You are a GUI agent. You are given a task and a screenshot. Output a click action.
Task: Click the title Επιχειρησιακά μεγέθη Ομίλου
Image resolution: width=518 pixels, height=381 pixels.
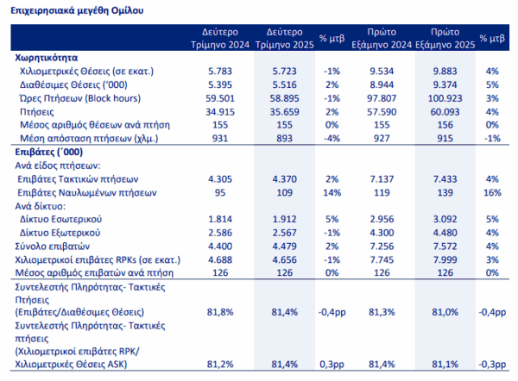[77, 10]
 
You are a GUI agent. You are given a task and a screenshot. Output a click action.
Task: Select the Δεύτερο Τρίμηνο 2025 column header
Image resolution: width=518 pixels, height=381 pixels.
[284, 38]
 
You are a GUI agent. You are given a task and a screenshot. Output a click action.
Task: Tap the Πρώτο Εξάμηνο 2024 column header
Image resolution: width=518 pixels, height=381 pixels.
[382, 38]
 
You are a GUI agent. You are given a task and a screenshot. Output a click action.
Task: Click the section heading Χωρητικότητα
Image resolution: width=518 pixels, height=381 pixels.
[47, 58]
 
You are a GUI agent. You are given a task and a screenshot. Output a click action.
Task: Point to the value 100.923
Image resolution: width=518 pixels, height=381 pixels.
[445, 98]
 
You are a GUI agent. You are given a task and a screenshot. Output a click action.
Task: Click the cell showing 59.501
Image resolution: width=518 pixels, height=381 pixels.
[220, 98]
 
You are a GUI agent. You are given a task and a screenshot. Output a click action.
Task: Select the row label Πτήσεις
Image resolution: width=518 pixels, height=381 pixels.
[36, 112]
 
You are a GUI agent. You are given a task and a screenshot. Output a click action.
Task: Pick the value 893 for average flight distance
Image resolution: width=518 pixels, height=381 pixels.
[284, 138]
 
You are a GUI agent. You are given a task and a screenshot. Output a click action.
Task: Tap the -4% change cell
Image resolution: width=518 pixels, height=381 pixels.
[332, 138]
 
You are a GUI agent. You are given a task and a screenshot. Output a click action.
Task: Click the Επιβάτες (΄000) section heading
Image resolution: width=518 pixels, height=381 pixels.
[49, 152]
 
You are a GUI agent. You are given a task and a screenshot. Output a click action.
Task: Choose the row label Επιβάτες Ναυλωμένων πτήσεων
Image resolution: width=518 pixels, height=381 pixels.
[87, 192]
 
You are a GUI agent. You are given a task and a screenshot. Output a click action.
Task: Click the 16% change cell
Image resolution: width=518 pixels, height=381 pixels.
[492, 192]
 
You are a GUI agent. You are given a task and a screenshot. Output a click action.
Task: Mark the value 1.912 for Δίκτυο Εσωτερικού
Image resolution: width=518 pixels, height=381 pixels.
[284, 219]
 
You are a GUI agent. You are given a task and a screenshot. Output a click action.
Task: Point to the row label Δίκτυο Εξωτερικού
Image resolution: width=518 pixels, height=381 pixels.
[60, 233]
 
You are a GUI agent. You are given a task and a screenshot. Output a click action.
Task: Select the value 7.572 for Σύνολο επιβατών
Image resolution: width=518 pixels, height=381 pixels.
[445, 247]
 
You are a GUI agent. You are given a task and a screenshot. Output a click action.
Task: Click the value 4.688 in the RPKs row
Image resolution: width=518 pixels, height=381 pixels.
[220, 260]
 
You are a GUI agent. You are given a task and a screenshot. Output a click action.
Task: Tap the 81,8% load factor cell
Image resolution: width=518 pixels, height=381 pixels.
[220, 312]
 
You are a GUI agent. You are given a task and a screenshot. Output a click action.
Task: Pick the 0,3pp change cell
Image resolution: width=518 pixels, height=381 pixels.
[332, 365]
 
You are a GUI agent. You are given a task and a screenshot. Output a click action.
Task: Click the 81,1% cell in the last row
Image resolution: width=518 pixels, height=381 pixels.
[445, 365]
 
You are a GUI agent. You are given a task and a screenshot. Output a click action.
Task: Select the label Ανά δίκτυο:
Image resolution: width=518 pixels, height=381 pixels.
[41, 206]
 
